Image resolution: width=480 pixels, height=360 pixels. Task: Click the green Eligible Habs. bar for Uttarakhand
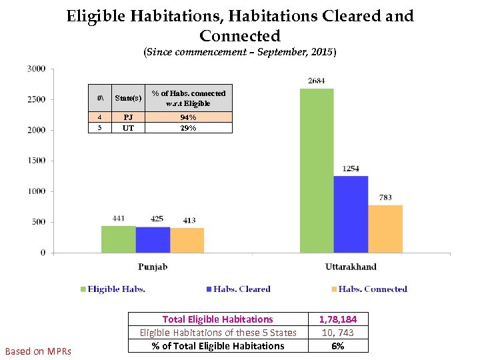pos(317,171)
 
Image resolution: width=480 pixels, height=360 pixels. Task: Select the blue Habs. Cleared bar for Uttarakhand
pos(351,214)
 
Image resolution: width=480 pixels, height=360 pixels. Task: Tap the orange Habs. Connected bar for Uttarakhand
pos(385,229)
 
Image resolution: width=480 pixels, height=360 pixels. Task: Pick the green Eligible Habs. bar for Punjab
pos(118,239)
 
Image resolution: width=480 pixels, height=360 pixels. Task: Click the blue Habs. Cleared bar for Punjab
pos(153,240)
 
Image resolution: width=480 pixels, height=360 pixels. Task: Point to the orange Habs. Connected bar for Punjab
pos(187,241)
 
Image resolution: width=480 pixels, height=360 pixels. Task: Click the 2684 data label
pos(317,81)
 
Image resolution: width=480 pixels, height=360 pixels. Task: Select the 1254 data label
pos(351,169)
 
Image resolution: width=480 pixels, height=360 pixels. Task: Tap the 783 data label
pos(385,198)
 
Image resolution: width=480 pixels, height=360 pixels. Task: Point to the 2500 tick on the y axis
pos(36,99)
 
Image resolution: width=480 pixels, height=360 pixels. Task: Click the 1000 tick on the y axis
pos(36,191)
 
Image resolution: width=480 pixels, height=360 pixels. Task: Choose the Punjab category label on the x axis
pos(153,267)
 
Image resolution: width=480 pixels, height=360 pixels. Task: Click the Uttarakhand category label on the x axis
pos(351,267)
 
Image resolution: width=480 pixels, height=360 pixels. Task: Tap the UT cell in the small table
pos(128,128)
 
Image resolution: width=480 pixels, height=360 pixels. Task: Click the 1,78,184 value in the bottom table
pos(337,319)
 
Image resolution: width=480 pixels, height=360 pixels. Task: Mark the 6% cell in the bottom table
pos(337,346)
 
